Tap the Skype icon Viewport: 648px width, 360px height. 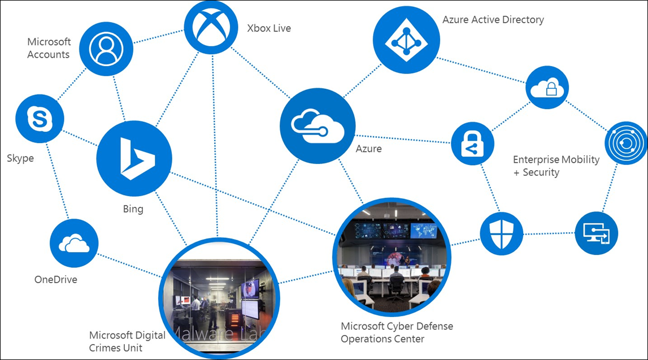40,119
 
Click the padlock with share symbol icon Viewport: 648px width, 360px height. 472,144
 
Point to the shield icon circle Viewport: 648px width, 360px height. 501,233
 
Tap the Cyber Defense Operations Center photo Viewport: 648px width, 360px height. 392,257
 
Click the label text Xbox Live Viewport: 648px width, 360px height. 269,28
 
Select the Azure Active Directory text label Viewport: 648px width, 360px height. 493,20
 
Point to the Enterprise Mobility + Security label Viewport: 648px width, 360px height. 555,166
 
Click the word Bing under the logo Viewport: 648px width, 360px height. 133,209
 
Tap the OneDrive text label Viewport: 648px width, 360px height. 55,279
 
